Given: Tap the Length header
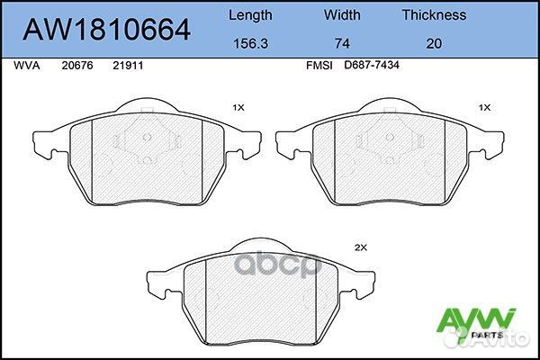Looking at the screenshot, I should point(250,14).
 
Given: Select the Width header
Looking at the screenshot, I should point(341,14).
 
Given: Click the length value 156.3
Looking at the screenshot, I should point(250,41).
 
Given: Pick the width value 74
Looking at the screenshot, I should point(341,41).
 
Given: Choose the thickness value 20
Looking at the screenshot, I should point(433,41).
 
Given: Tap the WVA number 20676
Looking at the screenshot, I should point(76,66).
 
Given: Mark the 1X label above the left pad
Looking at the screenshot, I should point(238,107).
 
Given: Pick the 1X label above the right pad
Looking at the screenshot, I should point(484,107).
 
